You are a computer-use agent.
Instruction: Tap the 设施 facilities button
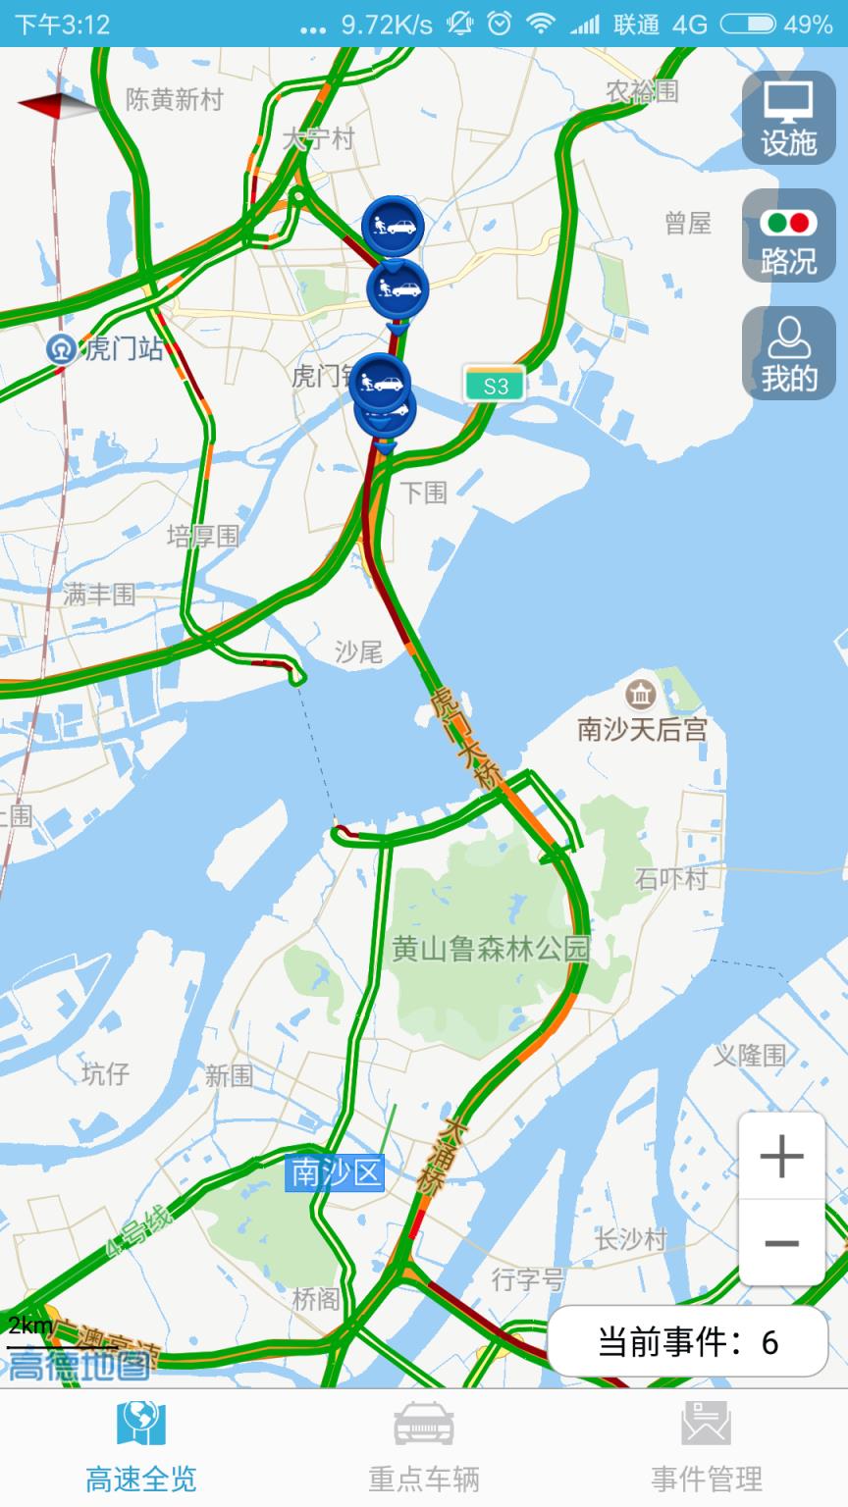click(788, 119)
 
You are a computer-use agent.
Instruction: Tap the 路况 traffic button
click(788, 236)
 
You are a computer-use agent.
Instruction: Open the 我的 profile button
click(788, 354)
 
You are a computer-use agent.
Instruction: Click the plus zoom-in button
click(781, 1158)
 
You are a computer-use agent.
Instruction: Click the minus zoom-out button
click(781, 1243)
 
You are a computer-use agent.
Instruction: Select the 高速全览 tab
click(141, 1446)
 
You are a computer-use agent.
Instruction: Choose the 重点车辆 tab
click(424, 1446)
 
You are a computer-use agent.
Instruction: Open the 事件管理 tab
click(707, 1446)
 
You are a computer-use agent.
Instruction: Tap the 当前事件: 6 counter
click(688, 1341)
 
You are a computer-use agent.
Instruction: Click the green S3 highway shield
click(495, 386)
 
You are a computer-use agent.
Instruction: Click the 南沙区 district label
click(335, 1173)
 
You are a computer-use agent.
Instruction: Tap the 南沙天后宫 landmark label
click(642, 728)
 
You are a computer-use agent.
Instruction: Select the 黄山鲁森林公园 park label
click(491, 949)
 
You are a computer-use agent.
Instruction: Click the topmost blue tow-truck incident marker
click(392, 226)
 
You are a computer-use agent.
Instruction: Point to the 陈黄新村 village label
click(175, 100)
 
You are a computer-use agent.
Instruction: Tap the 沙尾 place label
click(358, 650)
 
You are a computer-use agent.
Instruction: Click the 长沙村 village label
click(630, 1239)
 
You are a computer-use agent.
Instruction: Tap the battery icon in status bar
click(748, 24)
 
